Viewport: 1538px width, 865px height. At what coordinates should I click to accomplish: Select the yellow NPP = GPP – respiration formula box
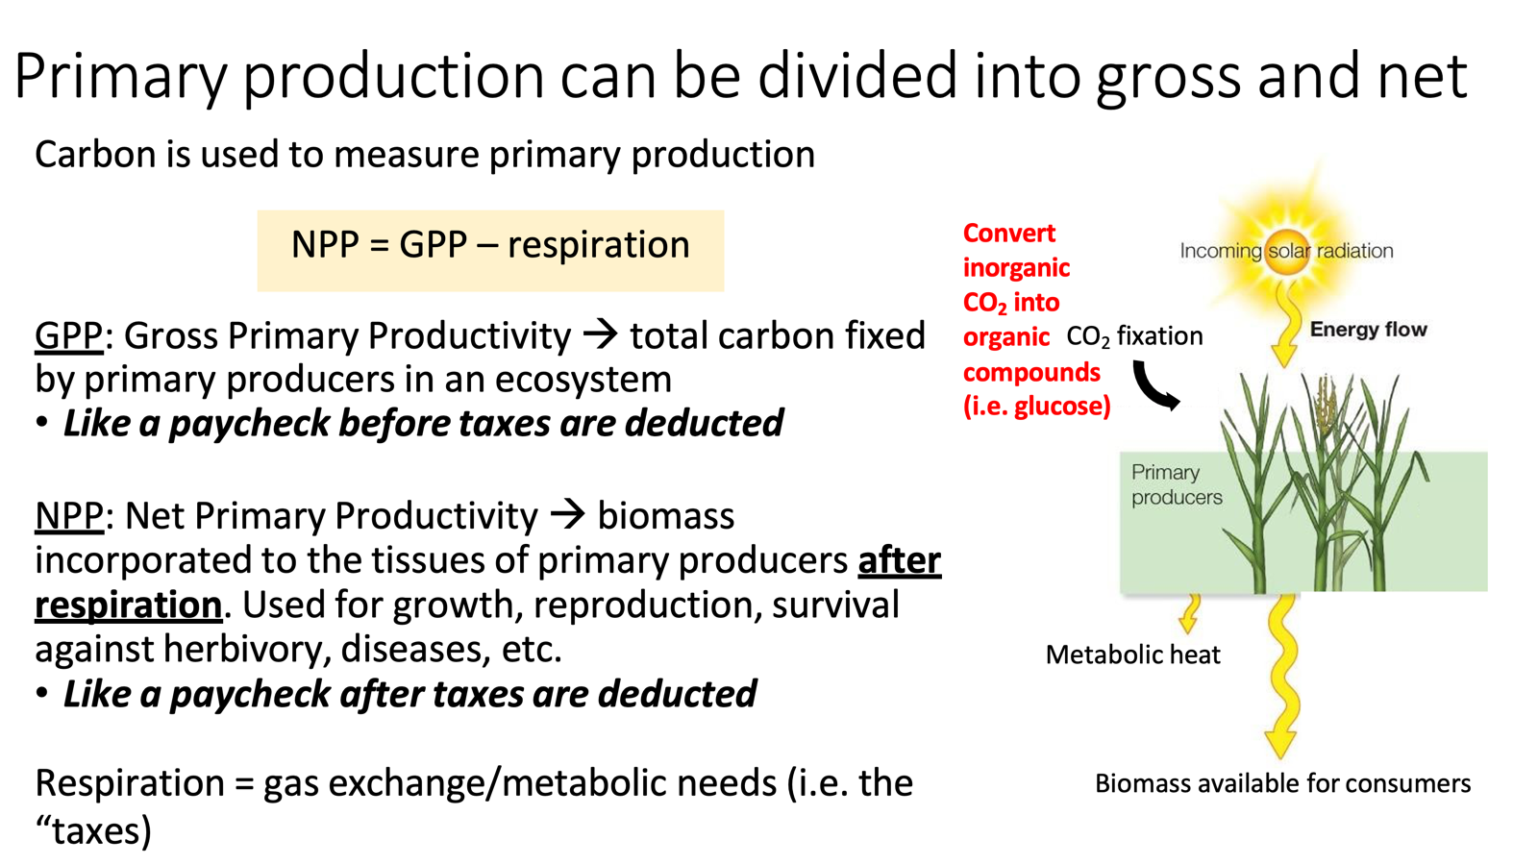[490, 250]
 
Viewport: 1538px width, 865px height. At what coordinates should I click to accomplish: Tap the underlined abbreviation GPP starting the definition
[68, 336]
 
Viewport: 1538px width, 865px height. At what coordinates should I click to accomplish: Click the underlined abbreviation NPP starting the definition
[68, 516]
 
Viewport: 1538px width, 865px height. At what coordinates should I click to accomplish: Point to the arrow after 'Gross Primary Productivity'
[601, 334]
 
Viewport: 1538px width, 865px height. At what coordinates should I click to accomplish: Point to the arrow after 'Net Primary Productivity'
[567, 514]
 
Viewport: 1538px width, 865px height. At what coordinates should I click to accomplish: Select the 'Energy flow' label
[1368, 330]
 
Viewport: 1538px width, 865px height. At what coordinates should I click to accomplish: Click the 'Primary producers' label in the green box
[1176, 484]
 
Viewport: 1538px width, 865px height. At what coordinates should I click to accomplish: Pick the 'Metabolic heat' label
[1132, 655]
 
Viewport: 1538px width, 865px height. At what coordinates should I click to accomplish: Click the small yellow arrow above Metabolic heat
[1190, 615]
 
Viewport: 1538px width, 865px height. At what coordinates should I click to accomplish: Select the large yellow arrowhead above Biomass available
[1280, 743]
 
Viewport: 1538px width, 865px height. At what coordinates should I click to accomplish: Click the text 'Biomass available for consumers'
[1282, 784]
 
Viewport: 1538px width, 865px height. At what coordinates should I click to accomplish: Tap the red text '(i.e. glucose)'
[1036, 407]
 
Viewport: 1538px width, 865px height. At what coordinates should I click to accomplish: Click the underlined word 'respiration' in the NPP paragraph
[129, 605]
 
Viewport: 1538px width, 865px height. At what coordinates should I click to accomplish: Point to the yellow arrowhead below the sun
[1283, 354]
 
